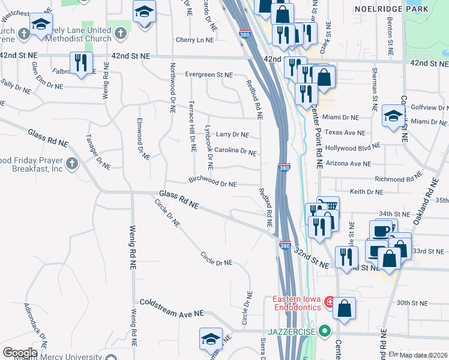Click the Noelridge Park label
click(400, 9)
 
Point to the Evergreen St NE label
click(208, 75)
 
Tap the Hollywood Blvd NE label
click(353, 147)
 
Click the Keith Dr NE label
click(366, 192)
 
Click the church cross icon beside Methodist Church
click(121, 34)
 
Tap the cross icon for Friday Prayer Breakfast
click(72, 164)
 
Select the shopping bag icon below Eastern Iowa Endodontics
click(345, 308)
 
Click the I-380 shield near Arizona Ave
click(285, 169)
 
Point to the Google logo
click(20, 353)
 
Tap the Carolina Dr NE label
click(235, 151)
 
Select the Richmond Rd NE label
click(394, 179)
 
